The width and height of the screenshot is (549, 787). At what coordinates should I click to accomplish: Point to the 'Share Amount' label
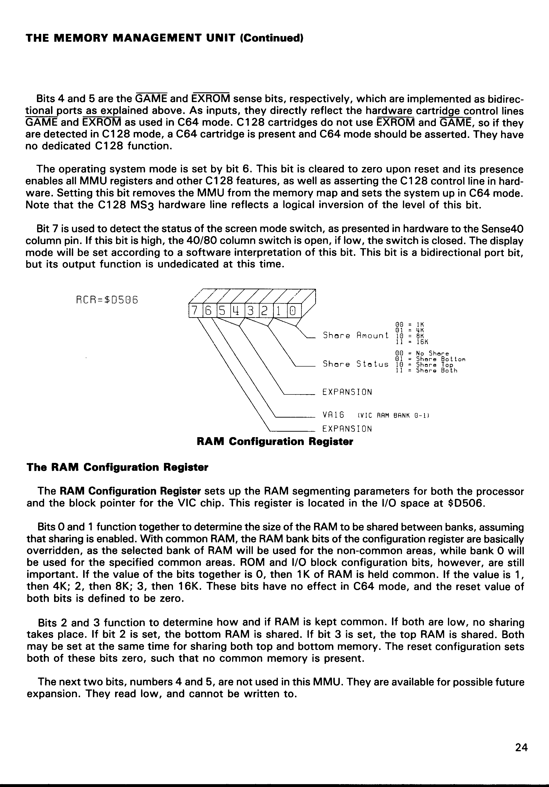tap(356, 335)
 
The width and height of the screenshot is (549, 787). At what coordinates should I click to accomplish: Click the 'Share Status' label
tap(356, 364)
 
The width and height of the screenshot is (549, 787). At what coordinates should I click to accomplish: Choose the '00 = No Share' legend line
tap(422, 353)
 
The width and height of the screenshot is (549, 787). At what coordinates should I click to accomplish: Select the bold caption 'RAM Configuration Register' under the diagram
tap(275, 441)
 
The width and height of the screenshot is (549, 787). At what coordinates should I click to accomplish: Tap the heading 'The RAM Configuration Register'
tap(117, 467)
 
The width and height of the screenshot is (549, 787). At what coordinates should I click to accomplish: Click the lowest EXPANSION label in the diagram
tap(347, 429)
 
